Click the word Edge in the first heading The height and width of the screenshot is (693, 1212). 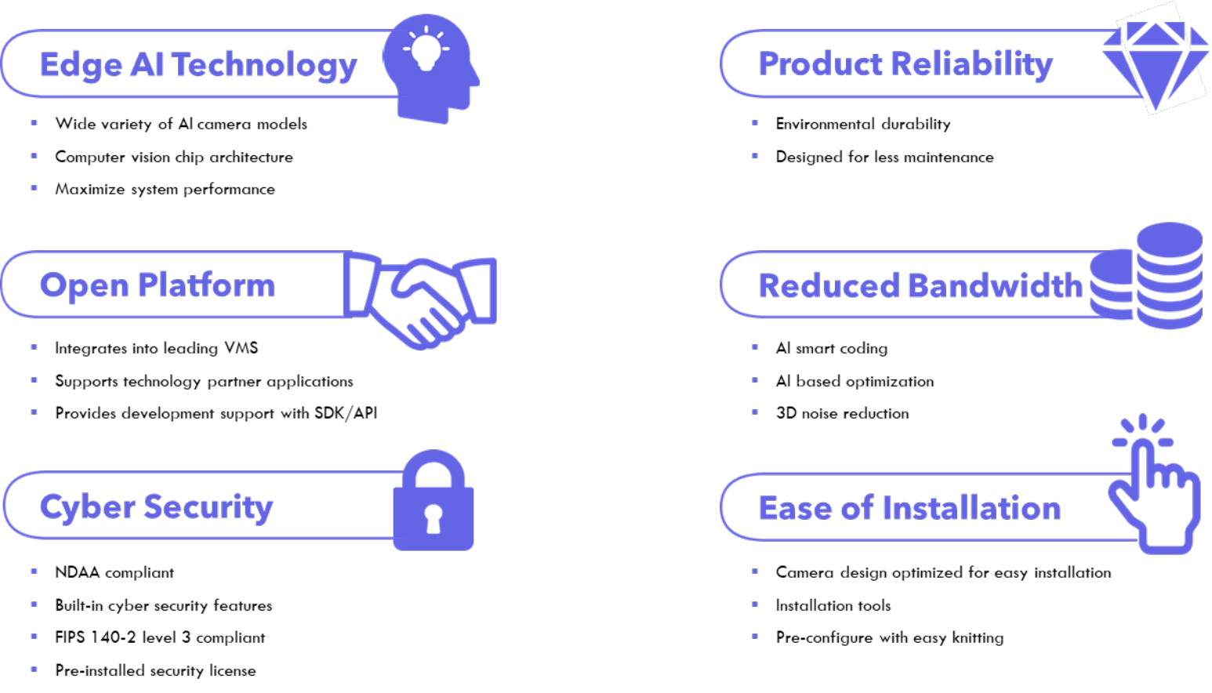[81, 65]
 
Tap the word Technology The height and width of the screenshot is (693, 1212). [265, 65]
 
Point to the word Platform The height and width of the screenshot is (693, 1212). [206, 285]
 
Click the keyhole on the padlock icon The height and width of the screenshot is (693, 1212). [433, 517]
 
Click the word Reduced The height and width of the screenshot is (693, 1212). [828, 286]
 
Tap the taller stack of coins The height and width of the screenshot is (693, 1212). [1169, 274]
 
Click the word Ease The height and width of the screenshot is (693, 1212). [795, 508]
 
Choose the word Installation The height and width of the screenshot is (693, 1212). [971, 508]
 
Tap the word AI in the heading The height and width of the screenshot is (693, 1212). [147, 65]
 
